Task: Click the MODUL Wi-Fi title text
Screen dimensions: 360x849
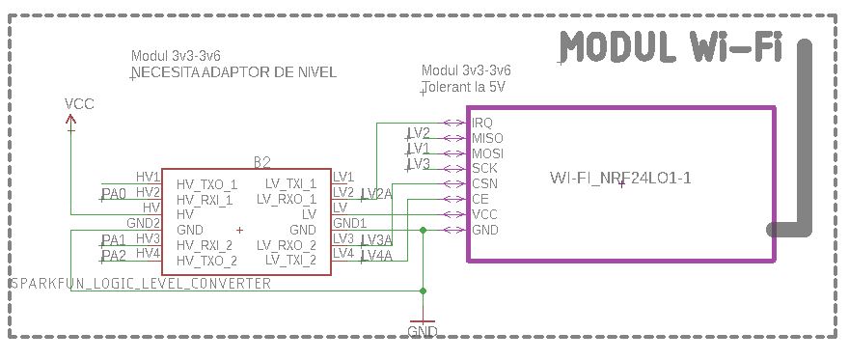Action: click(671, 47)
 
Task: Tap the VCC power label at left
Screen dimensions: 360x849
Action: click(79, 104)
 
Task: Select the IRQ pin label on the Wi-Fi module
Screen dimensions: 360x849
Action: click(482, 123)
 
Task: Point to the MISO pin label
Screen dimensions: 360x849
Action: click(487, 138)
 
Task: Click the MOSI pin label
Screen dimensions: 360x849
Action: click(487, 153)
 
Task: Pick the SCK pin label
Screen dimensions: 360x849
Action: click(484, 168)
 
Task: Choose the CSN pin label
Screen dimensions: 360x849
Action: click(484, 183)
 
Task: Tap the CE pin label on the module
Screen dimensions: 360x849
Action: click(479, 199)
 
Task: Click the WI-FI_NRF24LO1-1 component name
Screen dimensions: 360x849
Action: click(619, 178)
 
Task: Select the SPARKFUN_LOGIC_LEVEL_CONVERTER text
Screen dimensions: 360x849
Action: click(140, 284)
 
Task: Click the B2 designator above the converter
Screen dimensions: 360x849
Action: click(261, 161)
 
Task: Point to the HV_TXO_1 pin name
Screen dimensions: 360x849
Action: click(206, 184)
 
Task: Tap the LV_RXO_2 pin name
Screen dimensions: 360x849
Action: click(287, 245)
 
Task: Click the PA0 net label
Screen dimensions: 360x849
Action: click(114, 194)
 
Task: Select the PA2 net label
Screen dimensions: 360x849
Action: click(114, 256)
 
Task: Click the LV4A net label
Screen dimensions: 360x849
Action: click(376, 256)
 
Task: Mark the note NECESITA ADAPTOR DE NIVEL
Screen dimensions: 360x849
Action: click(233, 73)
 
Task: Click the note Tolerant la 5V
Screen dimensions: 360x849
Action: click(464, 87)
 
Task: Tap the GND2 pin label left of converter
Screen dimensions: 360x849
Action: click(143, 223)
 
